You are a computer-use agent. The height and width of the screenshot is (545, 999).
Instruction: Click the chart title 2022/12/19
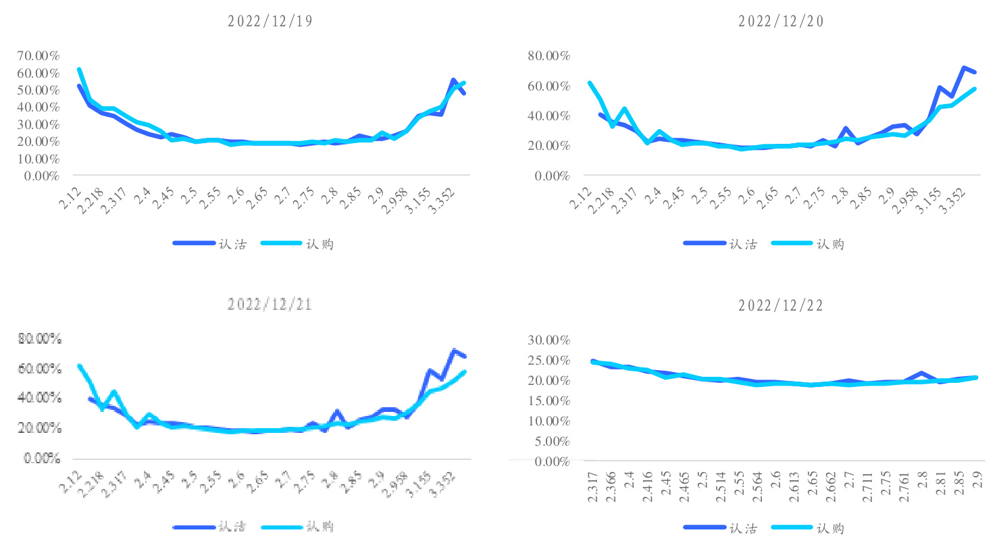click(x=270, y=20)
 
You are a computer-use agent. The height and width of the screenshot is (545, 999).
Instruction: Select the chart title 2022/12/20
click(x=782, y=20)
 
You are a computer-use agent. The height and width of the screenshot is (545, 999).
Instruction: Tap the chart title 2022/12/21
click(x=270, y=304)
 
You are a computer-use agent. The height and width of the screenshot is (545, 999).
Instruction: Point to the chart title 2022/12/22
click(x=782, y=305)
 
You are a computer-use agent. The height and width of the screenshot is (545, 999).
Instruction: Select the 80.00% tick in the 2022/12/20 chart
click(x=548, y=55)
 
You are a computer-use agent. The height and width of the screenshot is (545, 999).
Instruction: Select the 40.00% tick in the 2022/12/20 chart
click(x=548, y=115)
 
